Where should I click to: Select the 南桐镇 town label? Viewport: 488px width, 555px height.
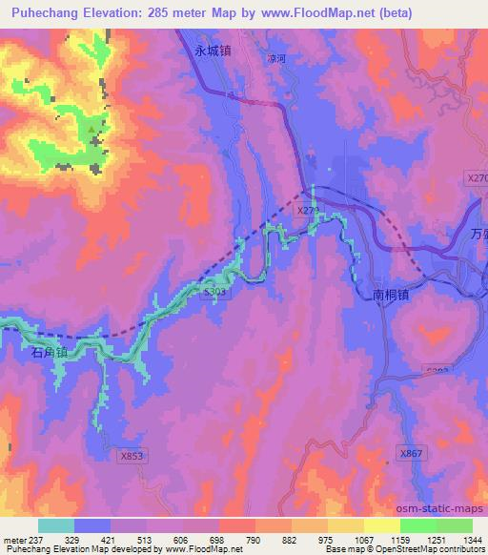[x=391, y=297]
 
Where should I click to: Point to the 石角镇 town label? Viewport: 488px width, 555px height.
[x=51, y=353]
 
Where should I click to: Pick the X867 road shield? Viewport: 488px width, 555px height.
[x=410, y=454]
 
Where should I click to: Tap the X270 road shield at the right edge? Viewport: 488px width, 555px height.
[x=477, y=177]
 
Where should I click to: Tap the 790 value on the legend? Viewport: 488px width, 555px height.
[x=254, y=541]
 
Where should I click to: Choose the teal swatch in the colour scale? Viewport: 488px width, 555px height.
[x=56, y=525]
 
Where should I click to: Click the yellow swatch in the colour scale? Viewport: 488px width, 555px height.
[x=381, y=525]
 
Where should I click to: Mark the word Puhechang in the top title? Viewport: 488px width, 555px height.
[x=44, y=12]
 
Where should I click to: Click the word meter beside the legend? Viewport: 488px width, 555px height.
[x=13, y=541]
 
